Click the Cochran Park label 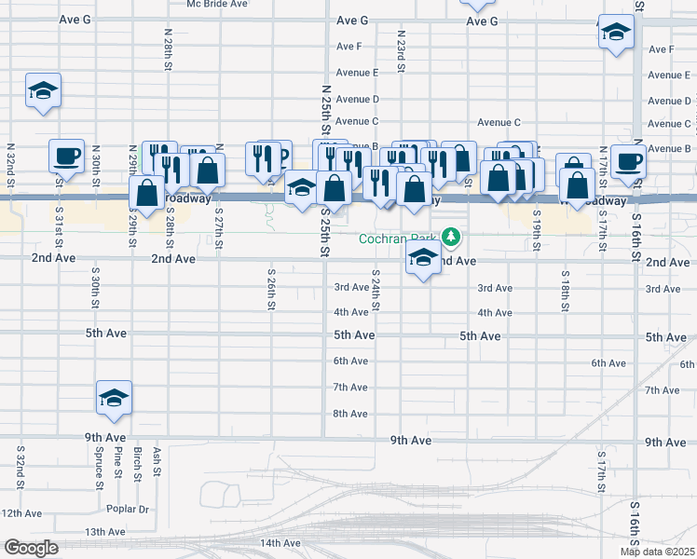[x=400, y=239]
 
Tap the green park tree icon [x=452, y=237]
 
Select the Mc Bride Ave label [x=217, y=4]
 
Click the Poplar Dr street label [x=129, y=510]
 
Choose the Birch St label [x=138, y=463]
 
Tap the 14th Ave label [x=280, y=543]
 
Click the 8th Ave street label [x=350, y=414]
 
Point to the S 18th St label [x=566, y=289]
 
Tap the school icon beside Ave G [x=616, y=33]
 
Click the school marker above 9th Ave [x=114, y=398]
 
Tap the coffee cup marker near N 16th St [x=629, y=159]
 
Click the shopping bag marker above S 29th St [x=147, y=193]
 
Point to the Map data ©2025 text [x=657, y=552]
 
